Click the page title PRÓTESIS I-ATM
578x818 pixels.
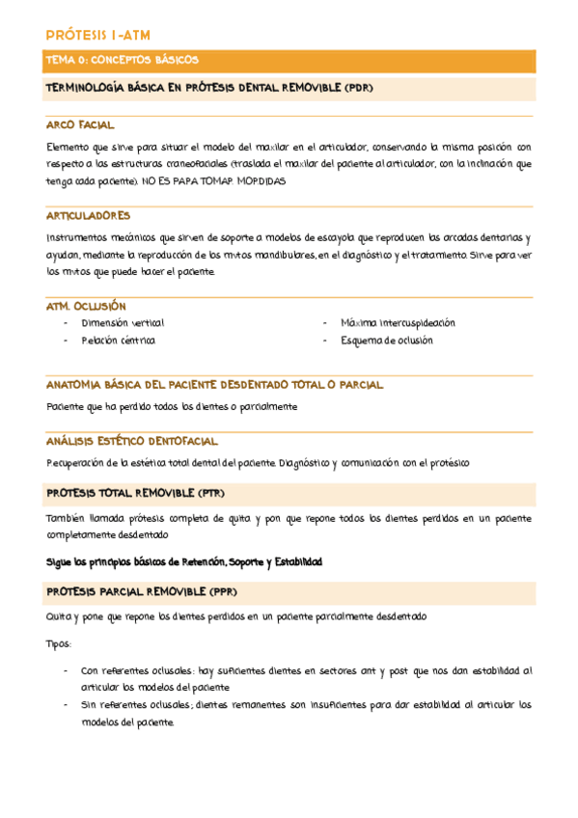coord(98,36)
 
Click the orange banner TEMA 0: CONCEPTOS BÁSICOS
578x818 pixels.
coord(122,60)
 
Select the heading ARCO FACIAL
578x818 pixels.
coord(80,125)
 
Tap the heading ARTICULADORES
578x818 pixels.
coord(88,216)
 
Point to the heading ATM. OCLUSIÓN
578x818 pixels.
coord(87,306)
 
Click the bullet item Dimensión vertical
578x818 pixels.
coord(123,323)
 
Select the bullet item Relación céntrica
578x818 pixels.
coord(118,341)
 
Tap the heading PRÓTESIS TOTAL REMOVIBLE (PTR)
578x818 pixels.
coord(135,493)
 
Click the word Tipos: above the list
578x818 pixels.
coord(59,642)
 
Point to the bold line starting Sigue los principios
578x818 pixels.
coord(183,562)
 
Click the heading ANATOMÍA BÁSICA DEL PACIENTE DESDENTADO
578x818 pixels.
coord(214,385)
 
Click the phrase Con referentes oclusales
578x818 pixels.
coord(136,670)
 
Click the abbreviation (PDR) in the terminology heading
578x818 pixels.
coord(356,89)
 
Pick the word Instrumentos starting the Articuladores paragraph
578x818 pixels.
coord(73,237)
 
